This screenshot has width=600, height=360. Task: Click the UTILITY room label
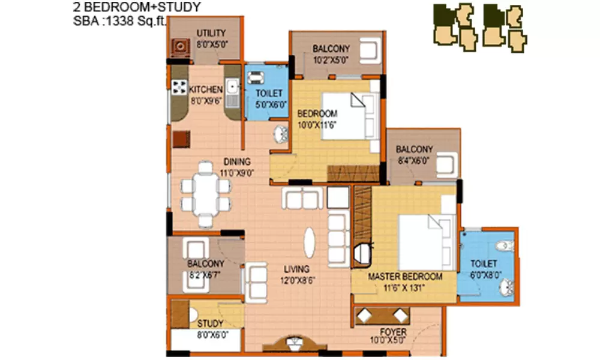click(x=211, y=32)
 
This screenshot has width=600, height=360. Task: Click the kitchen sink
click(x=232, y=88)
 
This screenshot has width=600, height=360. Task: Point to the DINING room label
click(x=237, y=161)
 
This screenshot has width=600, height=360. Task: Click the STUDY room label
click(x=210, y=324)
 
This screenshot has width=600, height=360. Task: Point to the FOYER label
click(x=394, y=332)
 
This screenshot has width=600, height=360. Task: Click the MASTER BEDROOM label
click(x=405, y=277)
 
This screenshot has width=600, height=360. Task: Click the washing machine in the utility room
click(x=178, y=44)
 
